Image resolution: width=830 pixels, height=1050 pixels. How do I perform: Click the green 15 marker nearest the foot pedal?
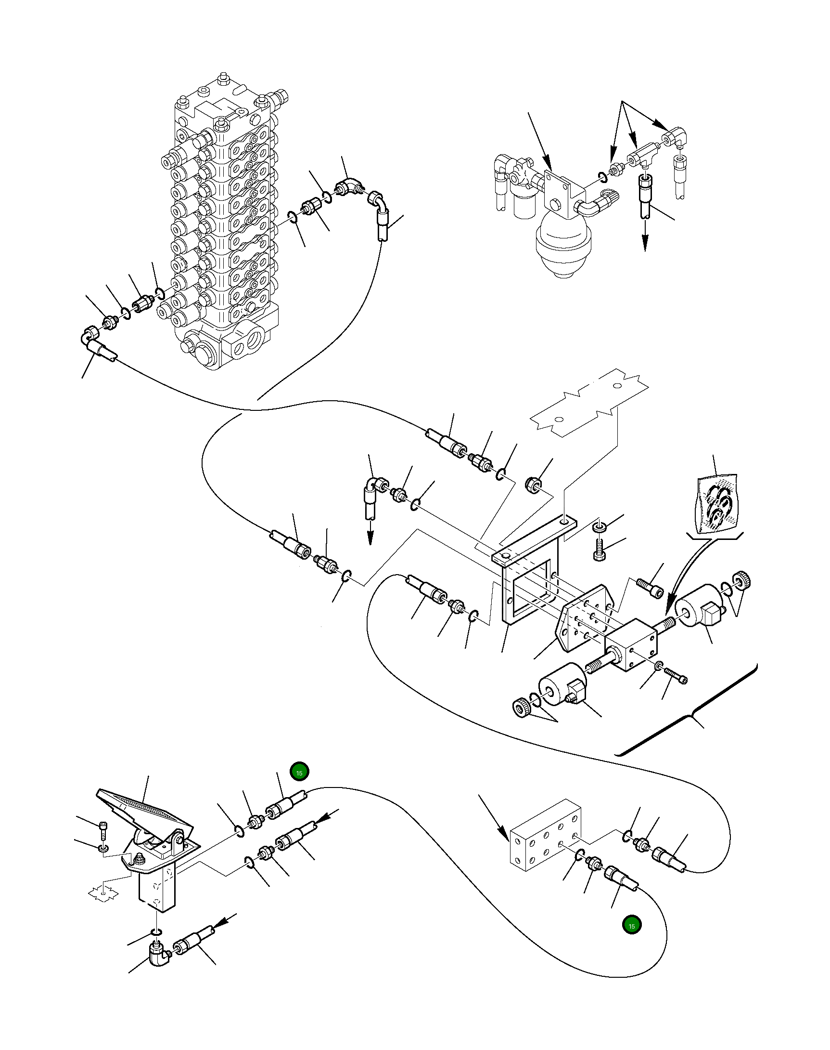tap(299, 773)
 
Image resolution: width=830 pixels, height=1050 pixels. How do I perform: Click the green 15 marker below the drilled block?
tap(632, 926)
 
